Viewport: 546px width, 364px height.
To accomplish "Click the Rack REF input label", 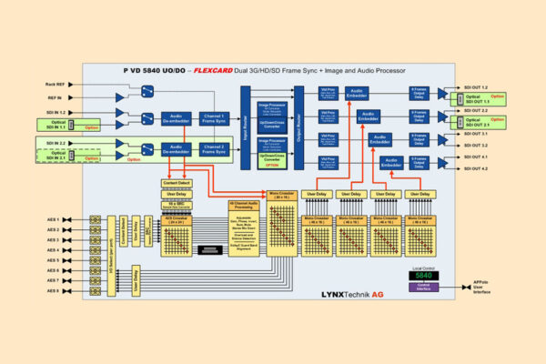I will pyautogui.click(x=54, y=84).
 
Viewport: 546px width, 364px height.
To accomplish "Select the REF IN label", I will pyautogui.click(x=55, y=97).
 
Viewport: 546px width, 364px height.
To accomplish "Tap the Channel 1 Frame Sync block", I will pyautogui.click(x=213, y=118).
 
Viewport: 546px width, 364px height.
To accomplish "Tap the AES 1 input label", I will pyautogui.click(x=52, y=219).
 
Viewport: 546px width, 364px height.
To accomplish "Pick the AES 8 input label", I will pyautogui.click(x=52, y=290).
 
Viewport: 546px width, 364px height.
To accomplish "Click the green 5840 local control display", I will pyautogui.click(x=422, y=275).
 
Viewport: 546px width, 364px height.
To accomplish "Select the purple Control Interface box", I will pyautogui.click(x=422, y=287).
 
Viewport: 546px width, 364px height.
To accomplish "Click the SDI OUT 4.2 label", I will pyautogui.click(x=477, y=168).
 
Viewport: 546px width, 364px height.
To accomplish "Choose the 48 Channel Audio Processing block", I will pyautogui.click(x=243, y=227).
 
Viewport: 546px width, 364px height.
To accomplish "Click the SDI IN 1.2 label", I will pyautogui.click(x=56, y=112).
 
